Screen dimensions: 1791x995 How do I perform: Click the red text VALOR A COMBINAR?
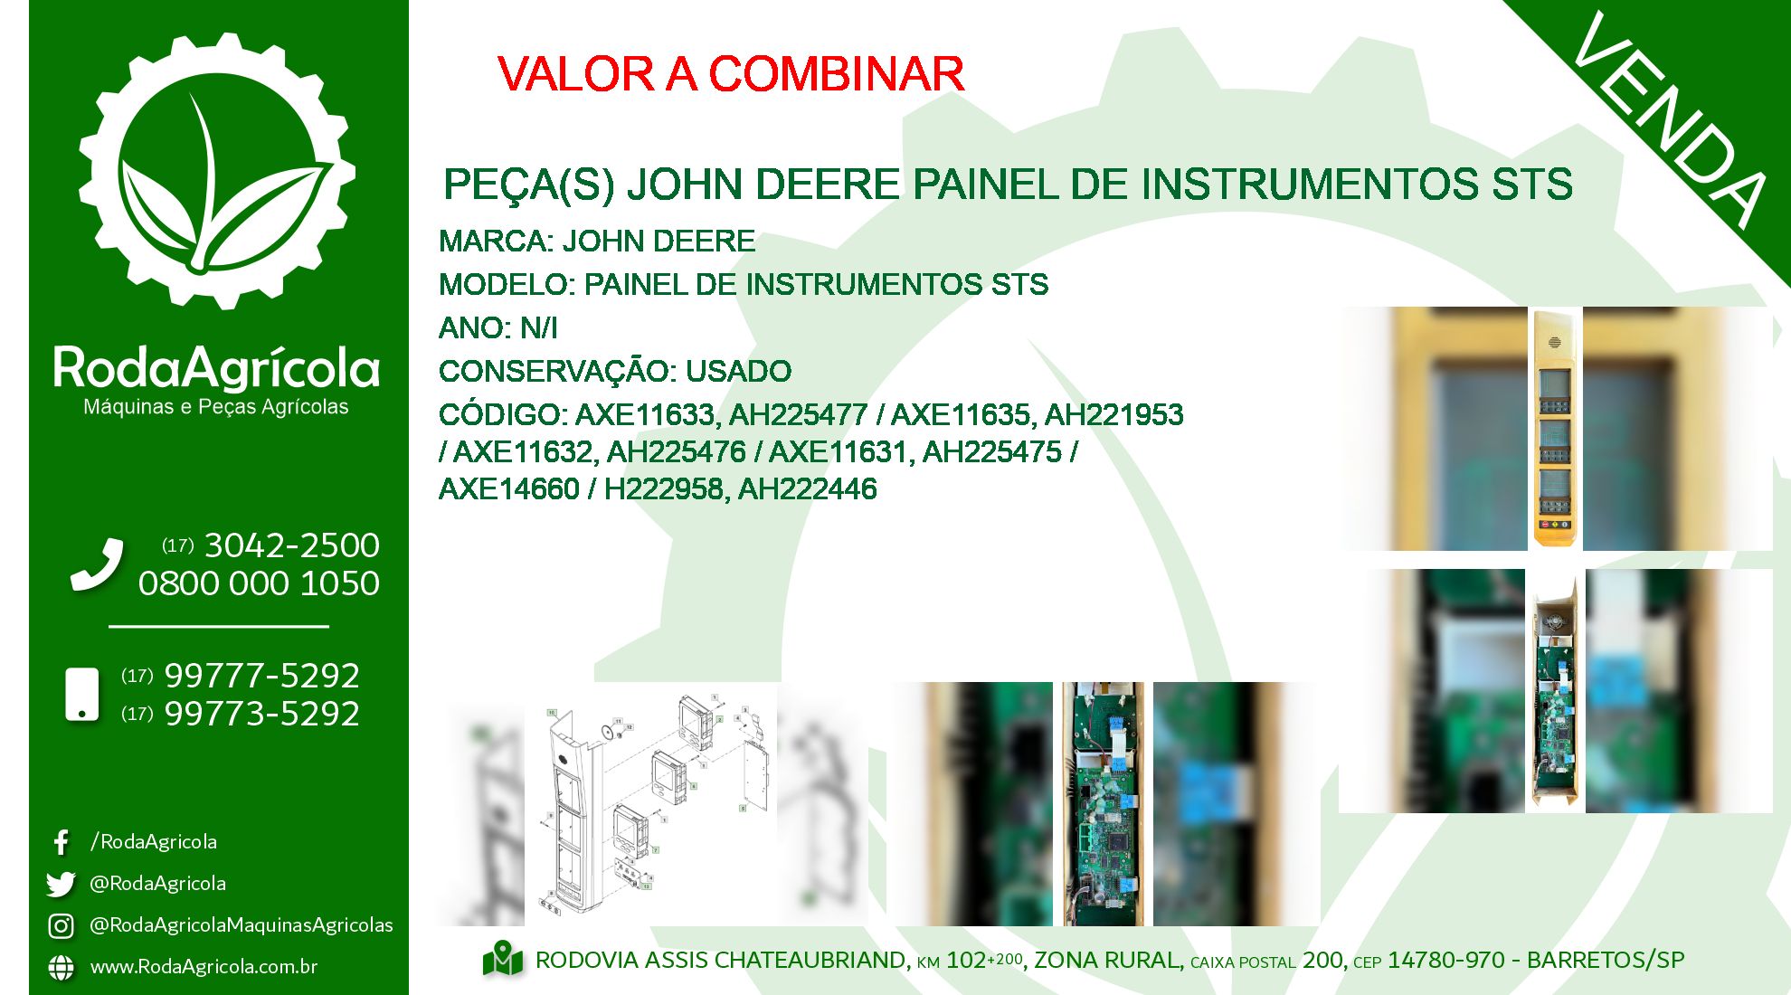[x=731, y=73]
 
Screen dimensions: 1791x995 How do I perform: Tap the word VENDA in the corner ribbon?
[x=1669, y=119]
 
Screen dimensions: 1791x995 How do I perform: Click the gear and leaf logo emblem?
[x=217, y=171]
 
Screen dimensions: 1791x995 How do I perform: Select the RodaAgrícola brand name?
[x=217, y=367]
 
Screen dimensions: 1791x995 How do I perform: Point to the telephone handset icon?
[x=97, y=565]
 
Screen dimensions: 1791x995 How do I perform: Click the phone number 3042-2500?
[x=292, y=545]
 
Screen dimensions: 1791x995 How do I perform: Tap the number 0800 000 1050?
[x=259, y=583]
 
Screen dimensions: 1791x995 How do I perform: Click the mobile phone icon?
[x=82, y=695]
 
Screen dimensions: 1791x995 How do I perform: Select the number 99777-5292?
[x=262, y=676]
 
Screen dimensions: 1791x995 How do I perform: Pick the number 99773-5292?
[x=262, y=714]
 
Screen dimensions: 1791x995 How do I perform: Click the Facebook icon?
[x=61, y=842]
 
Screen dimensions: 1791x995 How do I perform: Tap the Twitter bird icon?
[x=61, y=884]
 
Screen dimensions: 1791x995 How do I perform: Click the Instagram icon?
[x=61, y=925]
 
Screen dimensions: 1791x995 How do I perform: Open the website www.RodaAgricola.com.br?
[x=204, y=966]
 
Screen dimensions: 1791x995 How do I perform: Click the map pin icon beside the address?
[x=503, y=960]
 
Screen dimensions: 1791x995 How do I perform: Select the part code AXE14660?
[x=509, y=489]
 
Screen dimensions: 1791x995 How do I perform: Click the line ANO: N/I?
[x=498, y=327]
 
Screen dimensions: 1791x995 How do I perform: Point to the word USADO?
[x=738, y=371]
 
